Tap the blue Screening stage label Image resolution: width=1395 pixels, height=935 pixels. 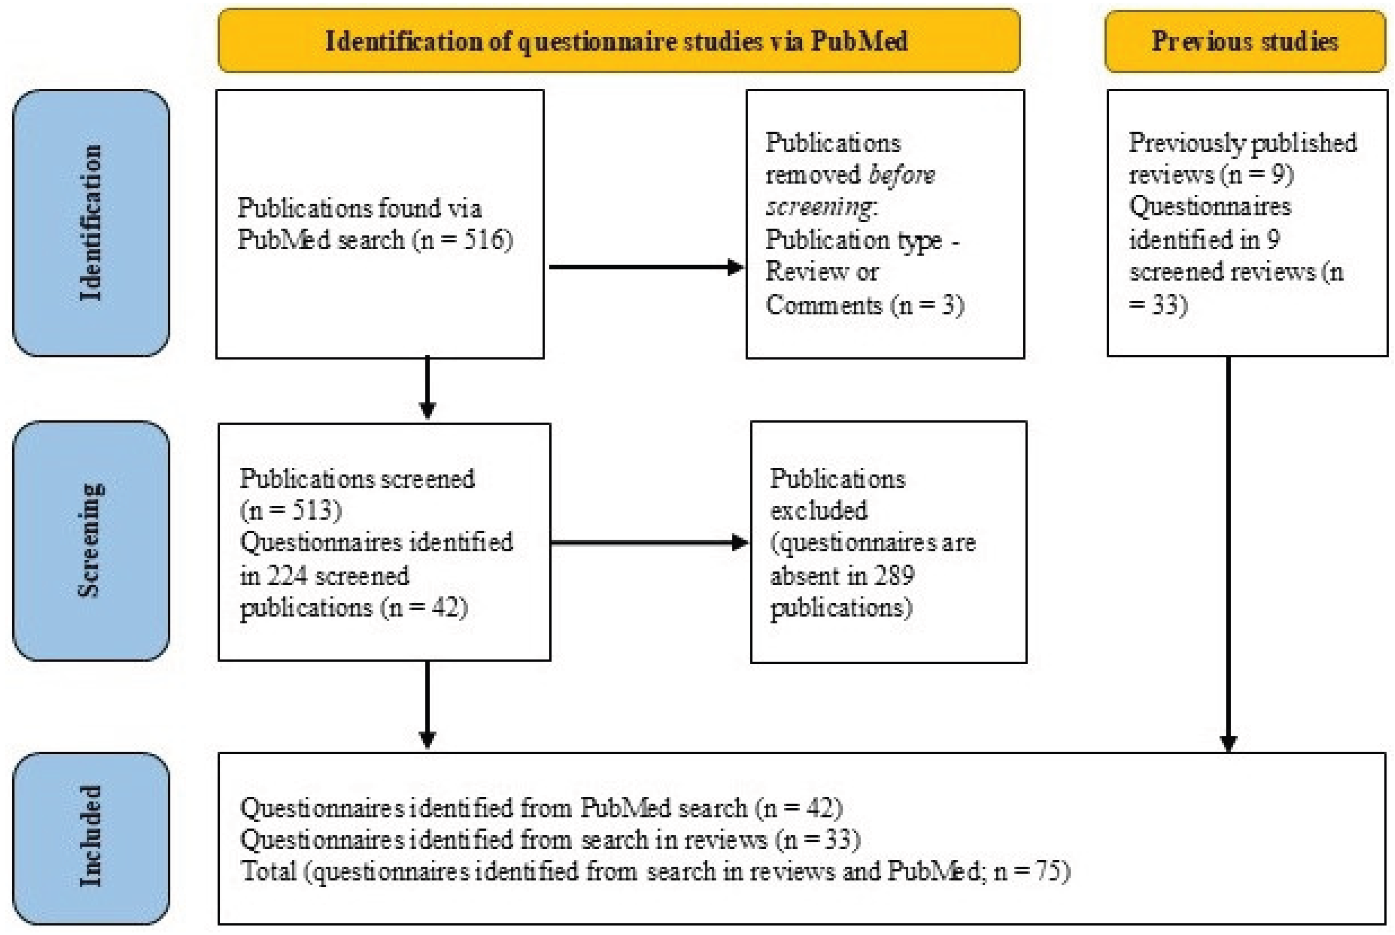90,540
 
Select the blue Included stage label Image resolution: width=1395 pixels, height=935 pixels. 90,837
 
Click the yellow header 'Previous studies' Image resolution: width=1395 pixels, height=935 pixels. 1244,41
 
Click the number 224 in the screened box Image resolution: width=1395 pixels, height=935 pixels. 287,576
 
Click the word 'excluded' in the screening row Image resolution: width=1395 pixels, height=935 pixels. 818,510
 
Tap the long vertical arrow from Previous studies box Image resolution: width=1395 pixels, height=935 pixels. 1228,555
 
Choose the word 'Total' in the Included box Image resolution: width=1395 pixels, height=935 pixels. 269,871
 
